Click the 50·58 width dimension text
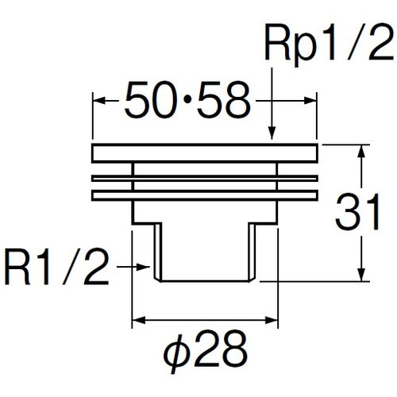[184, 102]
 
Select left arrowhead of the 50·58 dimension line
[98, 102]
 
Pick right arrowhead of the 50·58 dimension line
[312, 102]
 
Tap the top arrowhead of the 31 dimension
[363, 152]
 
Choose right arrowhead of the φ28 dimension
[272, 321]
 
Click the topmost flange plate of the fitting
[205, 153]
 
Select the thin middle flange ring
[205, 177]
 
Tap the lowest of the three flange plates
[205, 194]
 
